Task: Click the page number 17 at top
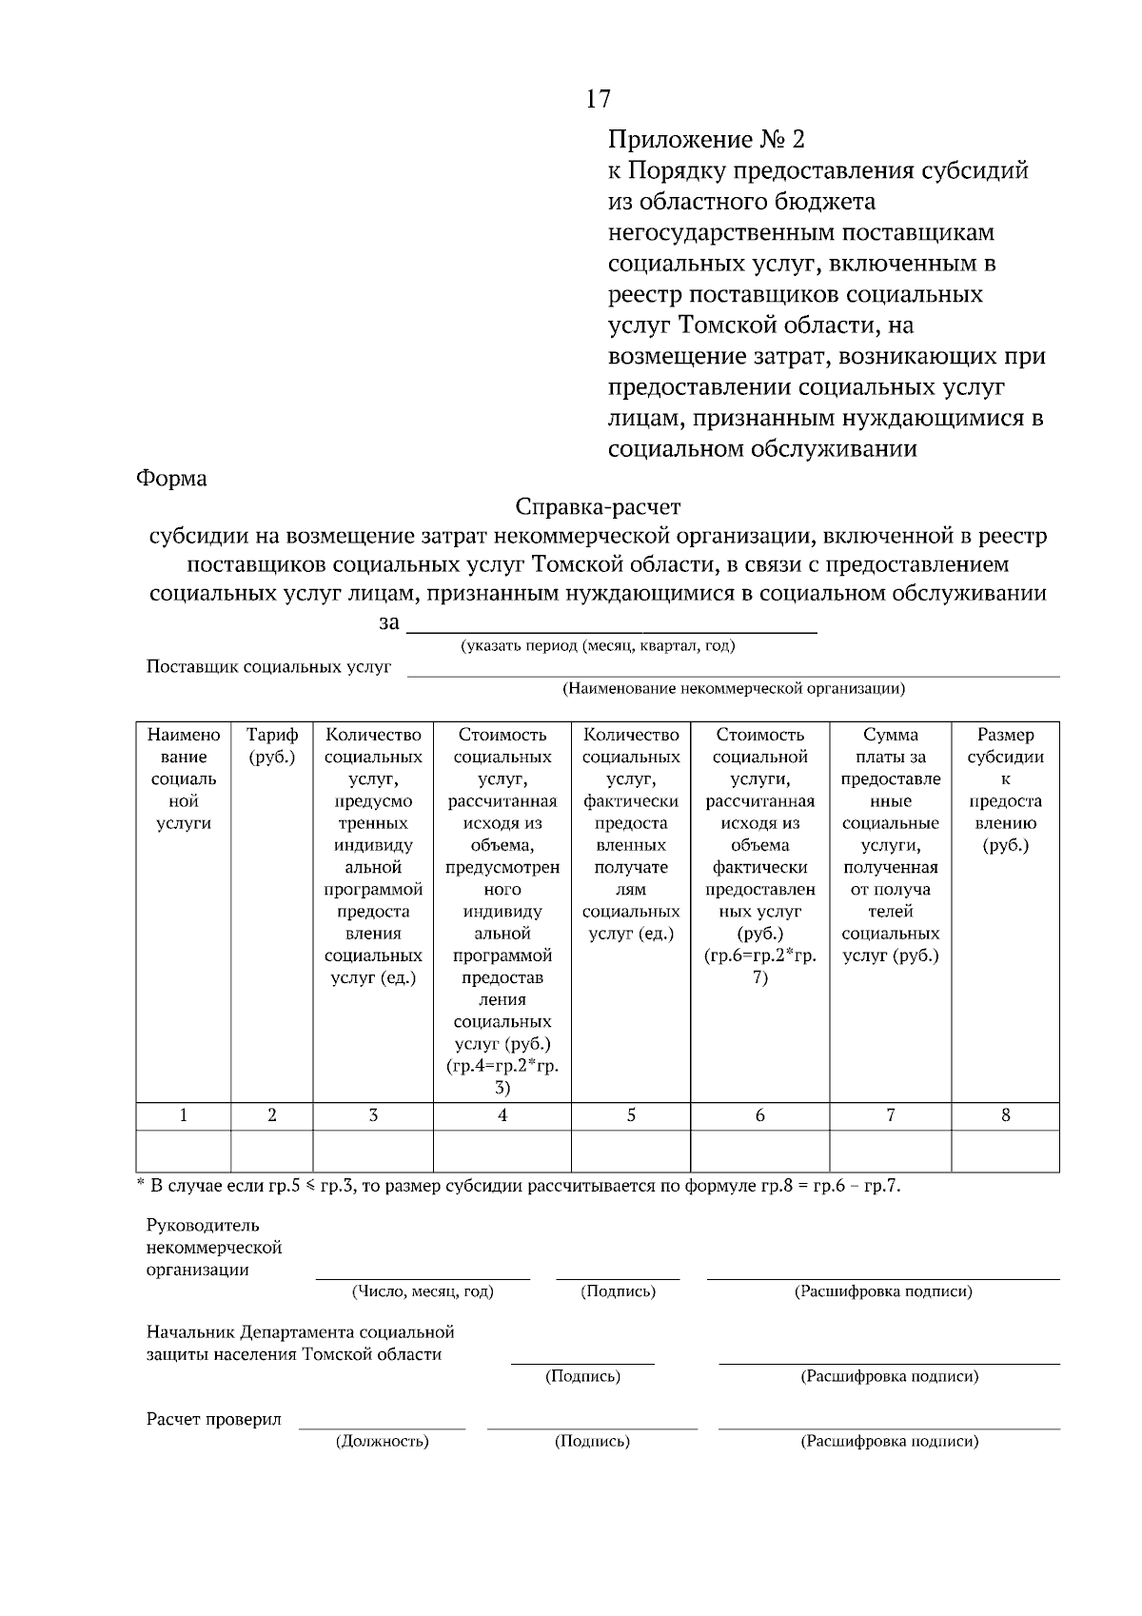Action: tap(599, 99)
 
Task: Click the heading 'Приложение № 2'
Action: tap(706, 140)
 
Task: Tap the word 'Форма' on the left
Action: tap(171, 478)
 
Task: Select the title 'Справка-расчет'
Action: tap(598, 506)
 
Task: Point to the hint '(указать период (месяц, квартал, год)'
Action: tap(598, 646)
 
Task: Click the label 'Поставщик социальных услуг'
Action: tap(268, 666)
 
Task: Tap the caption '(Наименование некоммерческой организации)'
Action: tap(733, 688)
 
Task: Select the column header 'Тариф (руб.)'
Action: tap(272, 746)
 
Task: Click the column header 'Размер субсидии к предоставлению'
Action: tap(1005, 789)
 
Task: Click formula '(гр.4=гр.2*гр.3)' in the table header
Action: tap(502, 1076)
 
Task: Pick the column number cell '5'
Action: tap(631, 1115)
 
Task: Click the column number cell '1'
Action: tap(183, 1115)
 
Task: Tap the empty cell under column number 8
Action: tap(1005, 1151)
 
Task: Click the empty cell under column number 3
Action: tap(373, 1151)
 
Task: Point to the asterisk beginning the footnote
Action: tap(140, 1184)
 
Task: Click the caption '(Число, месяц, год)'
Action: tap(423, 1291)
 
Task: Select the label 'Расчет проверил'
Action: tap(214, 1419)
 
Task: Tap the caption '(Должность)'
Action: tap(382, 1441)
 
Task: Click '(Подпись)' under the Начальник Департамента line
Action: tap(582, 1376)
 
